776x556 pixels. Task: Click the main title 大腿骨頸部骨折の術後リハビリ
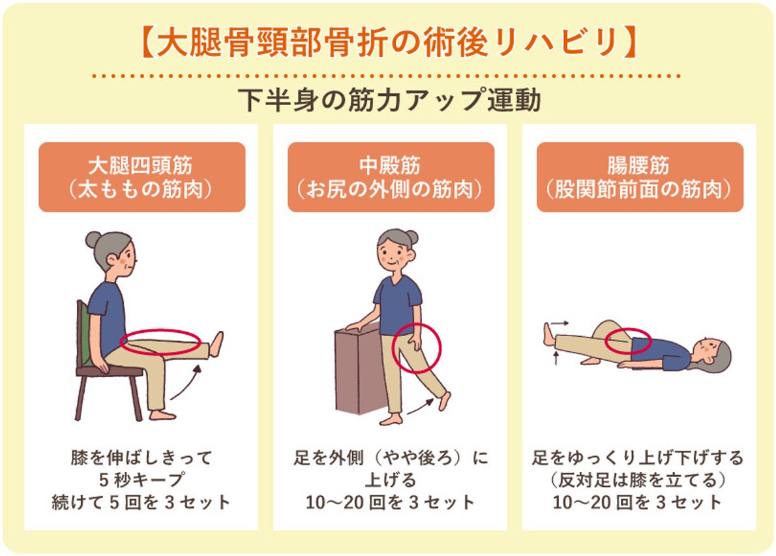click(x=388, y=42)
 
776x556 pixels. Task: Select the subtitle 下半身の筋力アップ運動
click(x=388, y=101)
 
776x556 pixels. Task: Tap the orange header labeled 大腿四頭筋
click(x=142, y=177)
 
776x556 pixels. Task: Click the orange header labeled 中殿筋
click(x=391, y=177)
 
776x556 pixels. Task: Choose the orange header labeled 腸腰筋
click(x=640, y=177)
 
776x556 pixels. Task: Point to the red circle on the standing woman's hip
click(x=417, y=348)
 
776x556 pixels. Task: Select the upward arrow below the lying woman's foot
click(x=555, y=358)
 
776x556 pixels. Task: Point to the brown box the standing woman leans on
click(x=357, y=372)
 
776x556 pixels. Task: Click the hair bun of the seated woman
click(x=93, y=239)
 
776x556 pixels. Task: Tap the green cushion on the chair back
click(x=84, y=333)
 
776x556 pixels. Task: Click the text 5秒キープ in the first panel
click(x=142, y=480)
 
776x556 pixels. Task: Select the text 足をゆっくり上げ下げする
click(x=637, y=458)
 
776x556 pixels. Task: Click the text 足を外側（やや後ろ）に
click(x=390, y=458)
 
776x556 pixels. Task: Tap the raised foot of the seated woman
click(x=216, y=344)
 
